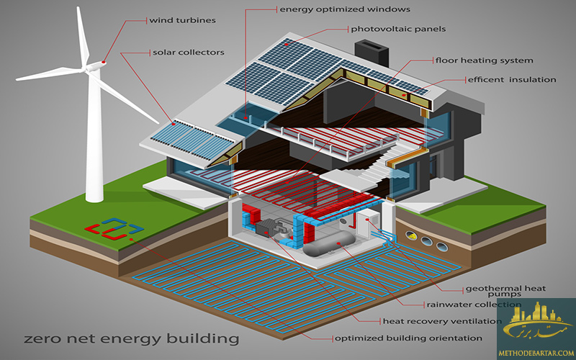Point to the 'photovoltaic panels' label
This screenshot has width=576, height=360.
(398, 30)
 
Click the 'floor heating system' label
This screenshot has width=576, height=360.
(493, 60)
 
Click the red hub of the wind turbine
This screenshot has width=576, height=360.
(102, 62)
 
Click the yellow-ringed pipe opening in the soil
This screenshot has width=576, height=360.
(413, 235)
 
